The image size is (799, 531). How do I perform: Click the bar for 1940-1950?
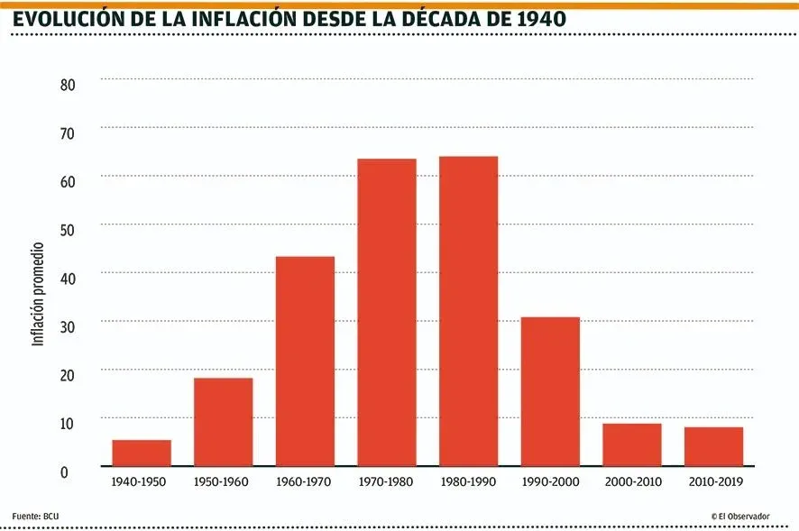point(142,453)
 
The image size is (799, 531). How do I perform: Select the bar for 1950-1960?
point(223,422)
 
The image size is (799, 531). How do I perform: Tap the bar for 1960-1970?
point(305,361)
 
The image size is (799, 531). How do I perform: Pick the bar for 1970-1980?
point(387,312)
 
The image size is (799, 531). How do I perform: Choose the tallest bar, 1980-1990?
point(468,311)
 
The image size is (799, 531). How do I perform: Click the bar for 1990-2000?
point(550,391)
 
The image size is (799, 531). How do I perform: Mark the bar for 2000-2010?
point(632,444)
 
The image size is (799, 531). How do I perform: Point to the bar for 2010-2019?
point(713,446)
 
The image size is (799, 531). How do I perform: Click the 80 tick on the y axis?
point(68,85)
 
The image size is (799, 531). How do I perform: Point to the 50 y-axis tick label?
point(68,229)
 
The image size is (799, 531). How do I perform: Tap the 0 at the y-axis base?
point(64,471)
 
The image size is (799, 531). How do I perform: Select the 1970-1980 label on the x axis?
point(386,482)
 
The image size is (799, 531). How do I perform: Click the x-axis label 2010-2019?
point(713,482)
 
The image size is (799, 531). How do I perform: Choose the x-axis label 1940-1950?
point(140,482)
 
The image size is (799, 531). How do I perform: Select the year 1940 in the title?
point(538,18)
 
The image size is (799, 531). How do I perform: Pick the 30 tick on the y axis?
point(68,325)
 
